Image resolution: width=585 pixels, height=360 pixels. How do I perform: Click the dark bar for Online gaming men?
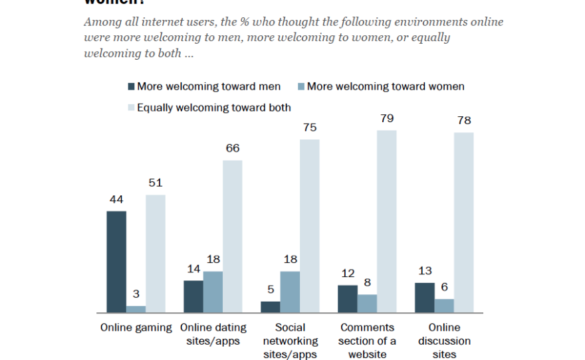tap(116, 262)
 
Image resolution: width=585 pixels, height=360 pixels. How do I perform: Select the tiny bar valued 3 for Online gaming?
tap(136, 309)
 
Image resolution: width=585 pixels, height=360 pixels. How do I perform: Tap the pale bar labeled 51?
tap(156, 254)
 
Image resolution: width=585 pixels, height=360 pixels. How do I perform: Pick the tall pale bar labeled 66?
tap(233, 236)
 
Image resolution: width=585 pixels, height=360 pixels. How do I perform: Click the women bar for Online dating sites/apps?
tap(213, 292)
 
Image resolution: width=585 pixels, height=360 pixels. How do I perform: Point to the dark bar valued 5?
tap(271, 307)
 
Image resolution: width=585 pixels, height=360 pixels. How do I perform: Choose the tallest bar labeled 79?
tap(387, 221)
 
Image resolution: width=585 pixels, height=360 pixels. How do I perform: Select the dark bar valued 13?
tap(425, 298)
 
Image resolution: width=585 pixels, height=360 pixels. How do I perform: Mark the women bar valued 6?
tap(445, 306)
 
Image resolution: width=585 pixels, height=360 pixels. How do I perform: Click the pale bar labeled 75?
tap(310, 226)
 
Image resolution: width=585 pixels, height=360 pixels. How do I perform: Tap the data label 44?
tap(116, 199)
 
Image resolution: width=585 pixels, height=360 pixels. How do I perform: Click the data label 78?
tap(464, 121)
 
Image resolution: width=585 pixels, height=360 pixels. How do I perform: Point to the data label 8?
tap(367, 283)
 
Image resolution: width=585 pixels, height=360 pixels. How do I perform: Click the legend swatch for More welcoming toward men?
tap(130, 86)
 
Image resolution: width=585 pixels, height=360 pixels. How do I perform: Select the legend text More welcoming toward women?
tap(386, 86)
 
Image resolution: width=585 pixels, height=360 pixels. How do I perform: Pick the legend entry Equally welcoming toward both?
tap(213, 107)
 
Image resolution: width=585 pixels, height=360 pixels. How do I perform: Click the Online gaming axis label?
tap(136, 327)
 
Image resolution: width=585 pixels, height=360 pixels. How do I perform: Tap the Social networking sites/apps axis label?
tap(291, 341)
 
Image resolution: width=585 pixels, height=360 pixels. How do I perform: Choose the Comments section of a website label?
tap(367, 341)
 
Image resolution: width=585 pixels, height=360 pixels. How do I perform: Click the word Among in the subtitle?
tap(102, 22)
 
